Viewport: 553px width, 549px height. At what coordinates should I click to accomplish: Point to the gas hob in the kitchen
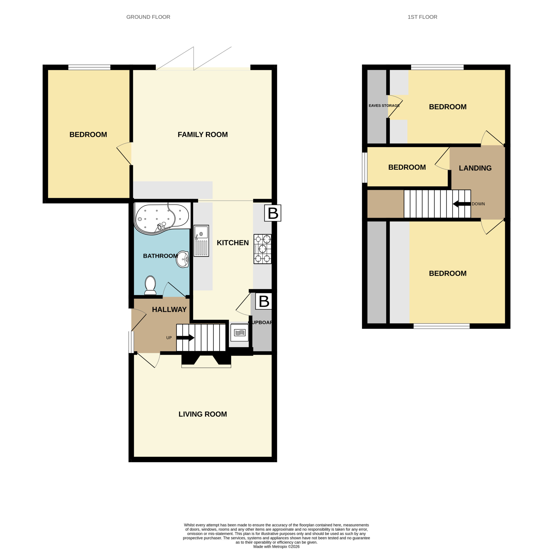pos(262,249)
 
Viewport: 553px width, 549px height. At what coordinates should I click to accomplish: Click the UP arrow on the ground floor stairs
pos(185,338)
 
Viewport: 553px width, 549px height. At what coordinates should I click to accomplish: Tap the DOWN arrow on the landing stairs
pos(461,204)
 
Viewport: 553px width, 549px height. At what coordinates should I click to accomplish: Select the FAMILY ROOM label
pos(203,135)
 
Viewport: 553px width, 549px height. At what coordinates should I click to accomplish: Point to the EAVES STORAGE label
pos(384,106)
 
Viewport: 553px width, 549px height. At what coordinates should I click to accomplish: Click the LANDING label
pos(475,168)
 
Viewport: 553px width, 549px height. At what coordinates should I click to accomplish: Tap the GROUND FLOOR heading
pos(148,17)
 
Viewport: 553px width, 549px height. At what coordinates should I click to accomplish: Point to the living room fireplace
pos(206,361)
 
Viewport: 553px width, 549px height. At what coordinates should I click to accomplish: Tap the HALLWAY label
pos(169,309)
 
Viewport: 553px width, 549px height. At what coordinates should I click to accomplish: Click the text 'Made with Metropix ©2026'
pos(276,546)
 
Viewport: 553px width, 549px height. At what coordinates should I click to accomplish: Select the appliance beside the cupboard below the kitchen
pos(240,332)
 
